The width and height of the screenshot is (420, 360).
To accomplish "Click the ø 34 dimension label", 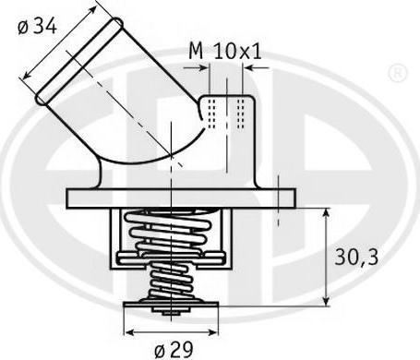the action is (37, 26).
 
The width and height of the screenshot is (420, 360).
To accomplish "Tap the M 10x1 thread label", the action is (225, 51).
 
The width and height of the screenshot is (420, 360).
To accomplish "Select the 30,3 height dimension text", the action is (356, 258).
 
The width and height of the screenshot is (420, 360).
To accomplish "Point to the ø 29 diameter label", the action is (174, 349).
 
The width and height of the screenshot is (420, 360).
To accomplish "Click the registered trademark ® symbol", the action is (398, 74).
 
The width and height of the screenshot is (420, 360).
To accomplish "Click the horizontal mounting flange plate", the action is (181, 198).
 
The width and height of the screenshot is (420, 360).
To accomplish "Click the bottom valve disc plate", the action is (171, 305).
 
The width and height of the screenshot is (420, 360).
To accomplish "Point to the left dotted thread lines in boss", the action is (211, 114).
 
